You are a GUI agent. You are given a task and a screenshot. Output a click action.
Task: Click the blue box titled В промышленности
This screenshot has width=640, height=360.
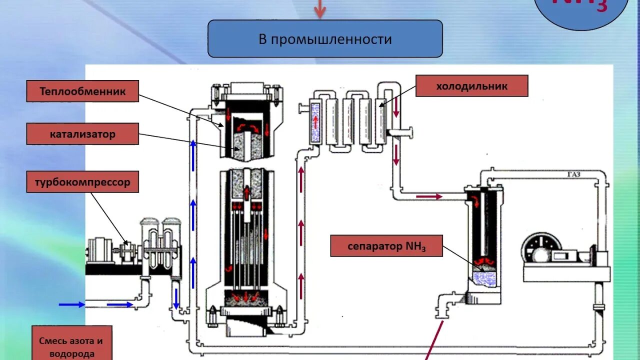coord(325,38)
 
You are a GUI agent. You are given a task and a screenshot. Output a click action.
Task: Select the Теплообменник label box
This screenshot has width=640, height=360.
coord(82,91)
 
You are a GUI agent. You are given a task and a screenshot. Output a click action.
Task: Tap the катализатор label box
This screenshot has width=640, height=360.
coord(82,134)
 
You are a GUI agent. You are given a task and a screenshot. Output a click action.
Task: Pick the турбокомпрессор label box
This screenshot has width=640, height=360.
coord(82,182)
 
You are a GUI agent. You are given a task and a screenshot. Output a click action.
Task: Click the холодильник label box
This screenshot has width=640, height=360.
coord(471,86)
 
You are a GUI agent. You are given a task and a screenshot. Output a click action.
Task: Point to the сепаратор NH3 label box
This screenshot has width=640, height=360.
coord(386,246)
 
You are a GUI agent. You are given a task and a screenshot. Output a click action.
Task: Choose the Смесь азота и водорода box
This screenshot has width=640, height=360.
coord(71,346)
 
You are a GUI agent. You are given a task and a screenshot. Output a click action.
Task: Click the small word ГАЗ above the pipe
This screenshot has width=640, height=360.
coord(574,174)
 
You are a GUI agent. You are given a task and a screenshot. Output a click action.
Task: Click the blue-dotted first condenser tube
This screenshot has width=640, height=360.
coord(315,121)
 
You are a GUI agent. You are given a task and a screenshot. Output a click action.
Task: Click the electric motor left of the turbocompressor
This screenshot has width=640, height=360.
coord(100,250)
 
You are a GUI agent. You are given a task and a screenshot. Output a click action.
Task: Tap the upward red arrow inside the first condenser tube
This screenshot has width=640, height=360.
coord(315,120)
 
